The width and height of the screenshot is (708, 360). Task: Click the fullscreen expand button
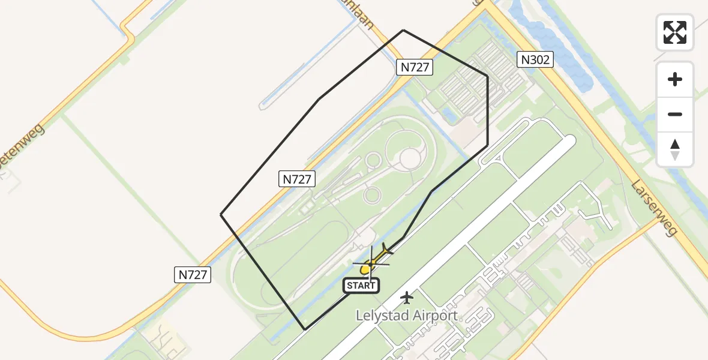(675, 32)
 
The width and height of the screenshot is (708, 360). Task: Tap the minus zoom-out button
(675, 115)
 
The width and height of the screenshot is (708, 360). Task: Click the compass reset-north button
(675, 149)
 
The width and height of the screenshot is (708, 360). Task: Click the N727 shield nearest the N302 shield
(415, 67)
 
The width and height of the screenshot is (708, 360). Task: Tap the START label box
(361, 286)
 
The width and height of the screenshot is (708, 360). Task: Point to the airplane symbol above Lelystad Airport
(407, 296)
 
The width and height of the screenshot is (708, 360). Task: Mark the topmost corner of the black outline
(403, 30)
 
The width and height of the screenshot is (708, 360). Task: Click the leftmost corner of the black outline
(221, 214)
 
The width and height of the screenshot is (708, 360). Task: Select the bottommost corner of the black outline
(305, 329)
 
